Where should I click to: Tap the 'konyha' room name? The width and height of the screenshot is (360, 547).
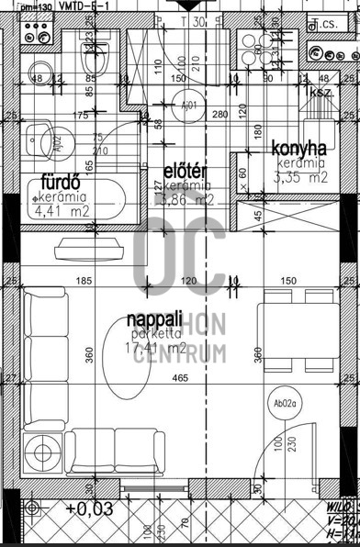click(299, 149)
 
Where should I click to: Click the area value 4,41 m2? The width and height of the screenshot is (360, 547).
click(61, 211)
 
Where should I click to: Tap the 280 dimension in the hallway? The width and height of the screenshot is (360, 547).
click(219, 115)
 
